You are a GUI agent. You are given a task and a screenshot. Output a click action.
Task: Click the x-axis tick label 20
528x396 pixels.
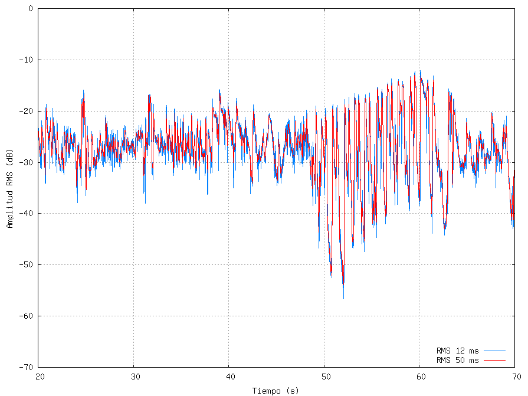[x=40, y=377]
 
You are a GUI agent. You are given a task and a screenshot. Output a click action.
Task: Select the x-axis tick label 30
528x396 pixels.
[x=134, y=377]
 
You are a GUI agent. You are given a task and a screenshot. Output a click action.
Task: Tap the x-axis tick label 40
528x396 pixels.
[x=229, y=377]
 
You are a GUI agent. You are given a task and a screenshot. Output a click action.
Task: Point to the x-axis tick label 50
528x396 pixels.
[x=324, y=377]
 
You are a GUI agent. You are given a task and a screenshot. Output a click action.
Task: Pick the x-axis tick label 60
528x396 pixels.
[x=419, y=377]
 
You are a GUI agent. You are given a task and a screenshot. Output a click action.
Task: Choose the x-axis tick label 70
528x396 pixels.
[x=514, y=377]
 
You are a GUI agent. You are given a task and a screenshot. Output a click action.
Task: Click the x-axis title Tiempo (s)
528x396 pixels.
[x=276, y=390]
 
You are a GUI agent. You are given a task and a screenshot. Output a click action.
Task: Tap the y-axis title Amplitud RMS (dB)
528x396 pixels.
[x=9, y=188]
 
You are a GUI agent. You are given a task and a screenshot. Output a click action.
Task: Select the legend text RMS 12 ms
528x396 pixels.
[x=457, y=351]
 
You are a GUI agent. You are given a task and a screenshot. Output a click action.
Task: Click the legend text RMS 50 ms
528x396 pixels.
[x=457, y=360]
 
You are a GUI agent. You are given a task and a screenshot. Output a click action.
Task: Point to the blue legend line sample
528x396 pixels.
[x=494, y=351]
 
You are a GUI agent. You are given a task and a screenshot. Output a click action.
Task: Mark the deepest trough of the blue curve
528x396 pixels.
[x=343, y=299]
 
